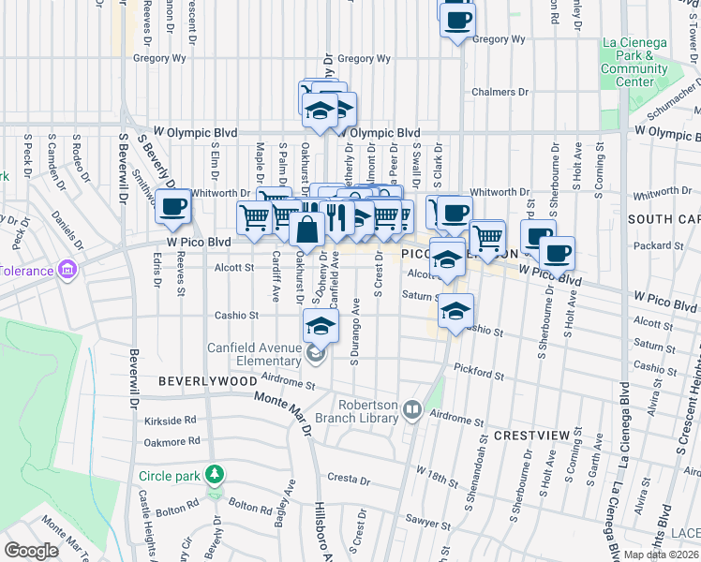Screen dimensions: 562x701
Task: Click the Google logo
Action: pyautogui.click(x=32, y=551)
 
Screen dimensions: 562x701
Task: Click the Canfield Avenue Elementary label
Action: pyautogui.click(x=254, y=355)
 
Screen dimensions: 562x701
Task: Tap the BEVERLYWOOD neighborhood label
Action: pyautogui.click(x=207, y=382)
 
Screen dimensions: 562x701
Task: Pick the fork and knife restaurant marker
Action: pyautogui.click(x=337, y=218)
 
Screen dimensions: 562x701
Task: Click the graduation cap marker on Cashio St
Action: pyautogui.click(x=455, y=312)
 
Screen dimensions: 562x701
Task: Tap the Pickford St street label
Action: pyautogui.click(x=479, y=373)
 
